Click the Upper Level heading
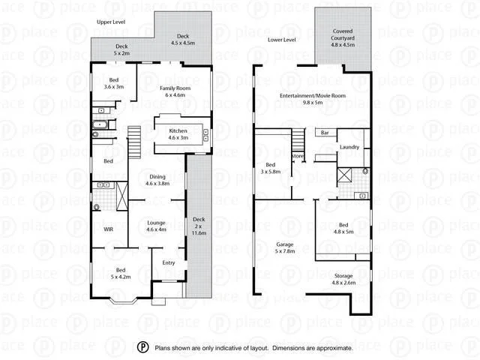tap(110, 22)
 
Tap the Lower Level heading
tap(281, 39)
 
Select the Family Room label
tap(175, 91)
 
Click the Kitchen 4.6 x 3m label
tap(178, 134)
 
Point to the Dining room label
tap(157, 179)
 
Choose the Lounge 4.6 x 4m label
tap(156, 226)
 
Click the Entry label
tap(168, 262)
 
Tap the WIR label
tap(108, 230)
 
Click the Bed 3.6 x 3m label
tap(114, 83)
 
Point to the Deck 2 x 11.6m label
tap(199, 224)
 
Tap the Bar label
tap(325, 133)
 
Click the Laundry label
tap(349, 147)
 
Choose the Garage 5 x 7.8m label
tap(286, 247)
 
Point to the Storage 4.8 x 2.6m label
tap(343, 279)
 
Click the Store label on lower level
tap(297, 156)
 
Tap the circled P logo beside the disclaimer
tap(142, 347)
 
